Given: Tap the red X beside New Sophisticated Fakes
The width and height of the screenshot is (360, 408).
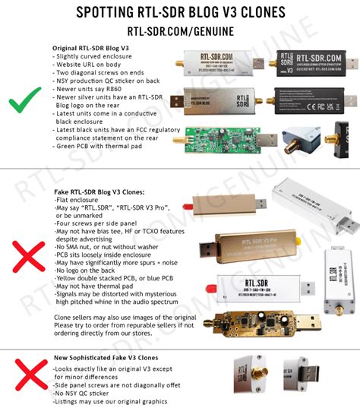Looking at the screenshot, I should (x=29, y=375).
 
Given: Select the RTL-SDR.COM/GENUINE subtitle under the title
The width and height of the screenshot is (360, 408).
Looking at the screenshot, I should (x=180, y=32).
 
